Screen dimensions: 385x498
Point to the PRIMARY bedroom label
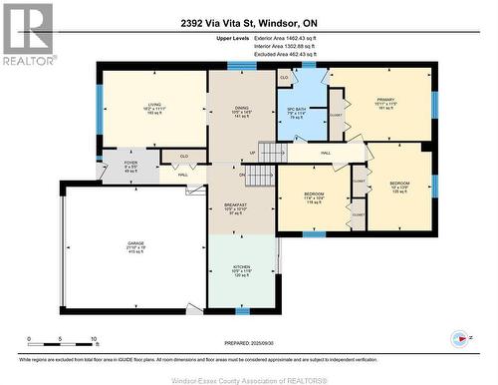[385, 101]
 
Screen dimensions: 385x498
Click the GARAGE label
[108, 243]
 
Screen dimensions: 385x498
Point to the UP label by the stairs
[253, 153]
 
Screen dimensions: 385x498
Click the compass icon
[459, 339]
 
